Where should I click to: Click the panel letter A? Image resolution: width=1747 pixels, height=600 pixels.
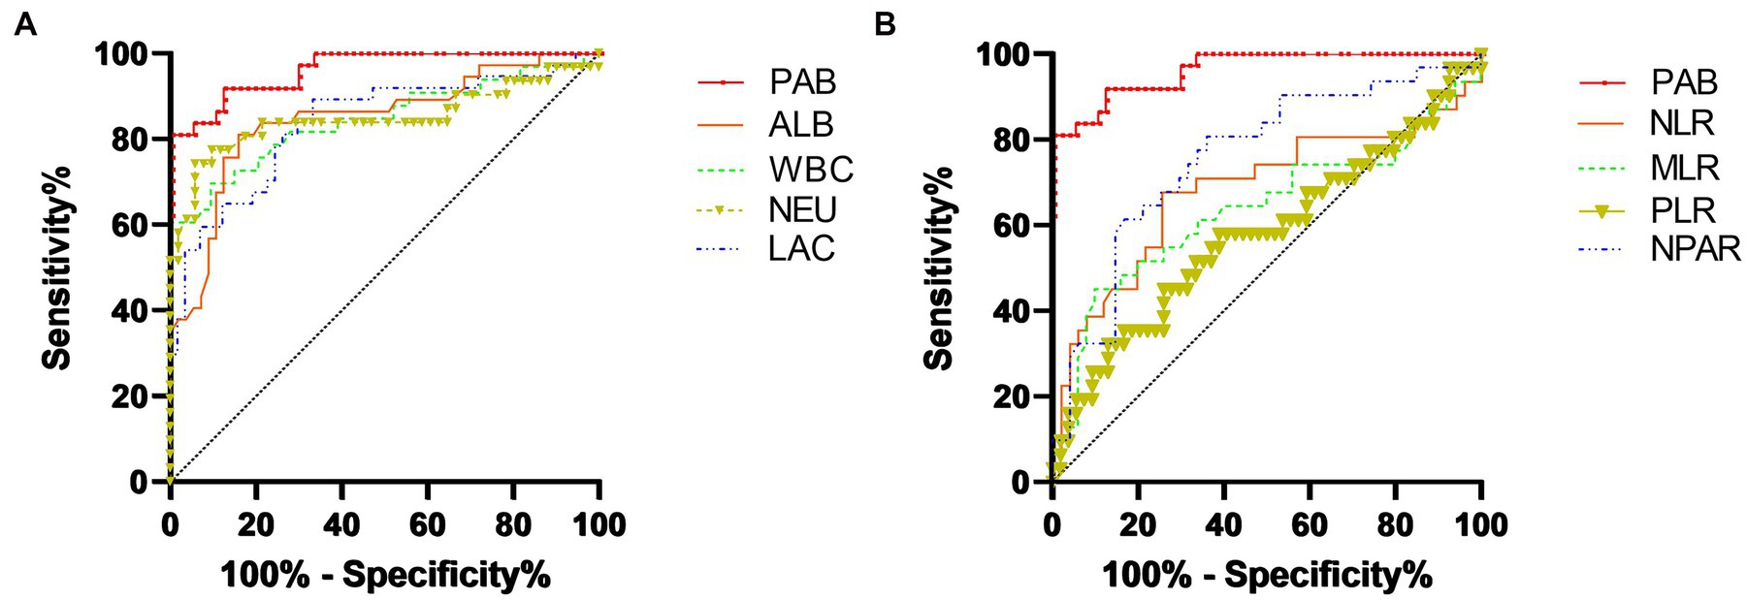click(x=25, y=24)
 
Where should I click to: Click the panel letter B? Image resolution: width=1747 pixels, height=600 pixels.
click(x=885, y=24)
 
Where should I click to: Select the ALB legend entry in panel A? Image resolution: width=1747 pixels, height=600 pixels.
click(x=801, y=125)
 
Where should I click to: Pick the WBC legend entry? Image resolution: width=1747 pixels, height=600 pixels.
click(x=811, y=169)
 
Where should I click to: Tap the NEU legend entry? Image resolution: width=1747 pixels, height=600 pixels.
click(x=802, y=210)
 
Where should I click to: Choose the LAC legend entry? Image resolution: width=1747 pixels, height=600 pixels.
click(x=801, y=249)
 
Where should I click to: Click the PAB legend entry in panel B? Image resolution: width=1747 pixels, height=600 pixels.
click(x=1684, y=82)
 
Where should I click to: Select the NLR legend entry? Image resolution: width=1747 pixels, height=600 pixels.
click(x=1682, y=123)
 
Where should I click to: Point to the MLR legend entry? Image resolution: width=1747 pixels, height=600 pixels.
click(x=1684, y=168)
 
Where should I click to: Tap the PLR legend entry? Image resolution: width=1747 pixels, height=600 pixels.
click(x=1682, y=210)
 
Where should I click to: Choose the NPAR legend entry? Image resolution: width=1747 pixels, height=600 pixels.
click(x=1695, y=249)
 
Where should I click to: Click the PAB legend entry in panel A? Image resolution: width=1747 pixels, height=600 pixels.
click(x=802, y=82)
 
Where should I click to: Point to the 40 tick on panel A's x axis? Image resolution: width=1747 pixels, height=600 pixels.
click(x=341, y=524)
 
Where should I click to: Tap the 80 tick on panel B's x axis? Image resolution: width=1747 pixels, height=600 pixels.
click(x=1395, y=524)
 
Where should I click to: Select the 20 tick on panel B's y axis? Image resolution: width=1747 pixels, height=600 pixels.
click(x=1012, y=396)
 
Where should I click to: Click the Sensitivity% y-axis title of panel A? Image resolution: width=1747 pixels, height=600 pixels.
click(x=57, y=268)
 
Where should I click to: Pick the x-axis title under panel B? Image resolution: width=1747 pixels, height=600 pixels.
click(x=1267, y=575)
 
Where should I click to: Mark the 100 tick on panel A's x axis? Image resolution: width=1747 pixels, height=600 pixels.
click(x=599, y=524)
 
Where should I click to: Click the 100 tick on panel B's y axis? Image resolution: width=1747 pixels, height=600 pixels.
click(x=1003, y=54)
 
